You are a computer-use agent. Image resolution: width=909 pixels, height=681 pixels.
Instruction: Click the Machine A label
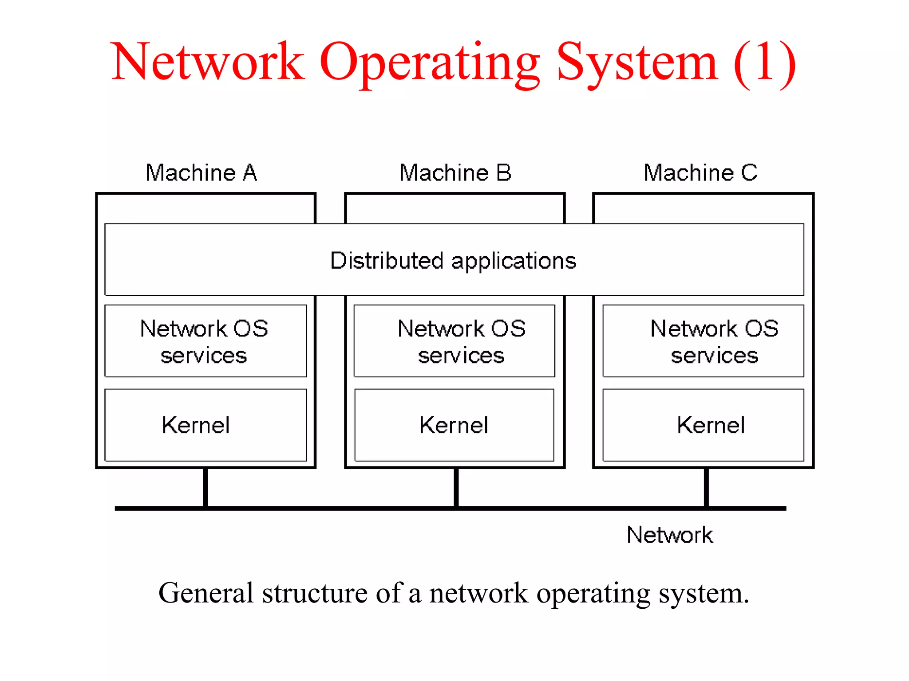(201, 173)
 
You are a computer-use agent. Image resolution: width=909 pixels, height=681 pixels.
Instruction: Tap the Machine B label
(455, 173)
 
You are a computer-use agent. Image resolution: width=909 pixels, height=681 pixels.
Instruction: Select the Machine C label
(700, 173)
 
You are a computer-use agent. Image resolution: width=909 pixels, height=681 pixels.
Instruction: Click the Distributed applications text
(453, 261)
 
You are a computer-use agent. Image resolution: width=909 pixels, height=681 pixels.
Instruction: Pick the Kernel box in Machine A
(206, 425)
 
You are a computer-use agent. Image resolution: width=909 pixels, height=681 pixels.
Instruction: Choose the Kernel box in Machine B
(454, 425)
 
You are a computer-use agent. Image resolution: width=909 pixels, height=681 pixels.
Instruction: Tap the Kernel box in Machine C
(703, 425)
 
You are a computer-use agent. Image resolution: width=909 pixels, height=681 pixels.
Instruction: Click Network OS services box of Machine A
(206, 341)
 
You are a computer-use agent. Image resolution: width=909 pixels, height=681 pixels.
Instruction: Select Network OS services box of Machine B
(454, 341)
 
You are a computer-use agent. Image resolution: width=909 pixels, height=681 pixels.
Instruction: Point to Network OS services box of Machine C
(703, 341)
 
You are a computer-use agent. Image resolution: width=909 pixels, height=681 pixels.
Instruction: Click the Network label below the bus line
(669, 535)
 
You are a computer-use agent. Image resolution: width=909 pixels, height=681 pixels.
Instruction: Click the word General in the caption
(206, 593)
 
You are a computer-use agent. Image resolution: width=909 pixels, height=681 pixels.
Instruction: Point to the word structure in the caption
(315, 593)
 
